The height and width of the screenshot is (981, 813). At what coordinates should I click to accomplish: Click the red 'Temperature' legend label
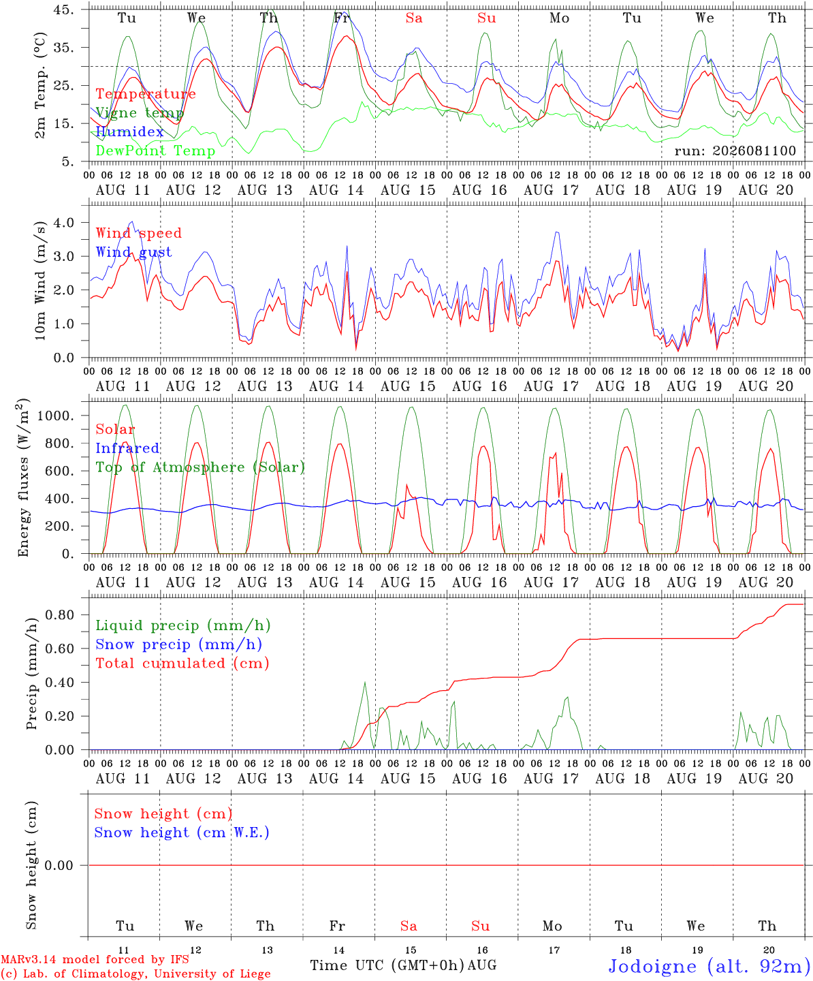146,94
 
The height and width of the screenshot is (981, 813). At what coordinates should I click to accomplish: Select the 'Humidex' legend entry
129,131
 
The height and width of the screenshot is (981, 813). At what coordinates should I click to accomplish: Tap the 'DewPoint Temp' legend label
155,151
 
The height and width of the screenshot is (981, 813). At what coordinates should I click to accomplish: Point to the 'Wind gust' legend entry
134,252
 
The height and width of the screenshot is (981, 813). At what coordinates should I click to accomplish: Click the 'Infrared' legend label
127,448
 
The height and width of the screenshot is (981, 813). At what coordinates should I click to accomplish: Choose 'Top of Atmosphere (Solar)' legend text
201,467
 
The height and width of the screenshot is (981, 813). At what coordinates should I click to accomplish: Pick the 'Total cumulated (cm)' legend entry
182,664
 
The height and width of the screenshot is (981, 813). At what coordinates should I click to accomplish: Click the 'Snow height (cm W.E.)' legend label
182,832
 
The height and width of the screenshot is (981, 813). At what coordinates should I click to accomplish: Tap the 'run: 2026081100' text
735,151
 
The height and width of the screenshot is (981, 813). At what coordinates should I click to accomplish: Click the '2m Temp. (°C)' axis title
40,86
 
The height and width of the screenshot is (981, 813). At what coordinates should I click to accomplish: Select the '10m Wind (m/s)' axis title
40,281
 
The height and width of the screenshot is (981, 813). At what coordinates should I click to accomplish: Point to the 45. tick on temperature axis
63,10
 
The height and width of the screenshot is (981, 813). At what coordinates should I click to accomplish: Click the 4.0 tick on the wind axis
64,223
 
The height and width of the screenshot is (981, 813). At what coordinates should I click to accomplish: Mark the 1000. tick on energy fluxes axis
55,416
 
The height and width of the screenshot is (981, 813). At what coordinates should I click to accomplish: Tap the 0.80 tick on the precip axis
60,615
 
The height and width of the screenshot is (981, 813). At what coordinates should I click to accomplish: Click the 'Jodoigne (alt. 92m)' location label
710,967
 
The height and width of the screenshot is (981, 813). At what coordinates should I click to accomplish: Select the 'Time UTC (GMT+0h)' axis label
387,965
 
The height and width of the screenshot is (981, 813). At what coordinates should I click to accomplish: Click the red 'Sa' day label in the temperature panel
414,18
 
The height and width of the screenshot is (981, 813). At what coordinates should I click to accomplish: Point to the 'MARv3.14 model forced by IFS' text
95,959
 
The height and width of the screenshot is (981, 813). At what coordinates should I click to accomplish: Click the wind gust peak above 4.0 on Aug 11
133,222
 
